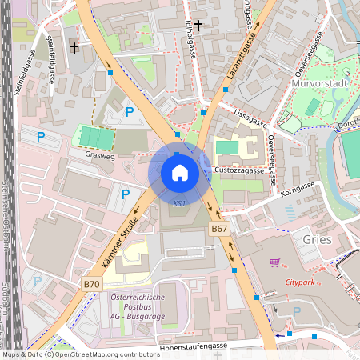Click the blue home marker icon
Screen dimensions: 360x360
coord(179,172)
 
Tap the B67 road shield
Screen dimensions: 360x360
coord(220,230)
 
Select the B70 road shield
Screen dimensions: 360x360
coord(92,284)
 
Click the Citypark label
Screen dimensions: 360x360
coord(302,282)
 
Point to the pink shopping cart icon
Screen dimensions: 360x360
coord(274,262)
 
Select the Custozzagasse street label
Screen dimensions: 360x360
coord(240,170)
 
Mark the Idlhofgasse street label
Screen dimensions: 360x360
coord(190,38)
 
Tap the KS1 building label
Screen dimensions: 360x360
coord(179,204)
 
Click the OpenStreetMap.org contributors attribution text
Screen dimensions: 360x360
coord(104,354)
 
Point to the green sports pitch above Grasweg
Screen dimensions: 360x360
coord(96,138)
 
